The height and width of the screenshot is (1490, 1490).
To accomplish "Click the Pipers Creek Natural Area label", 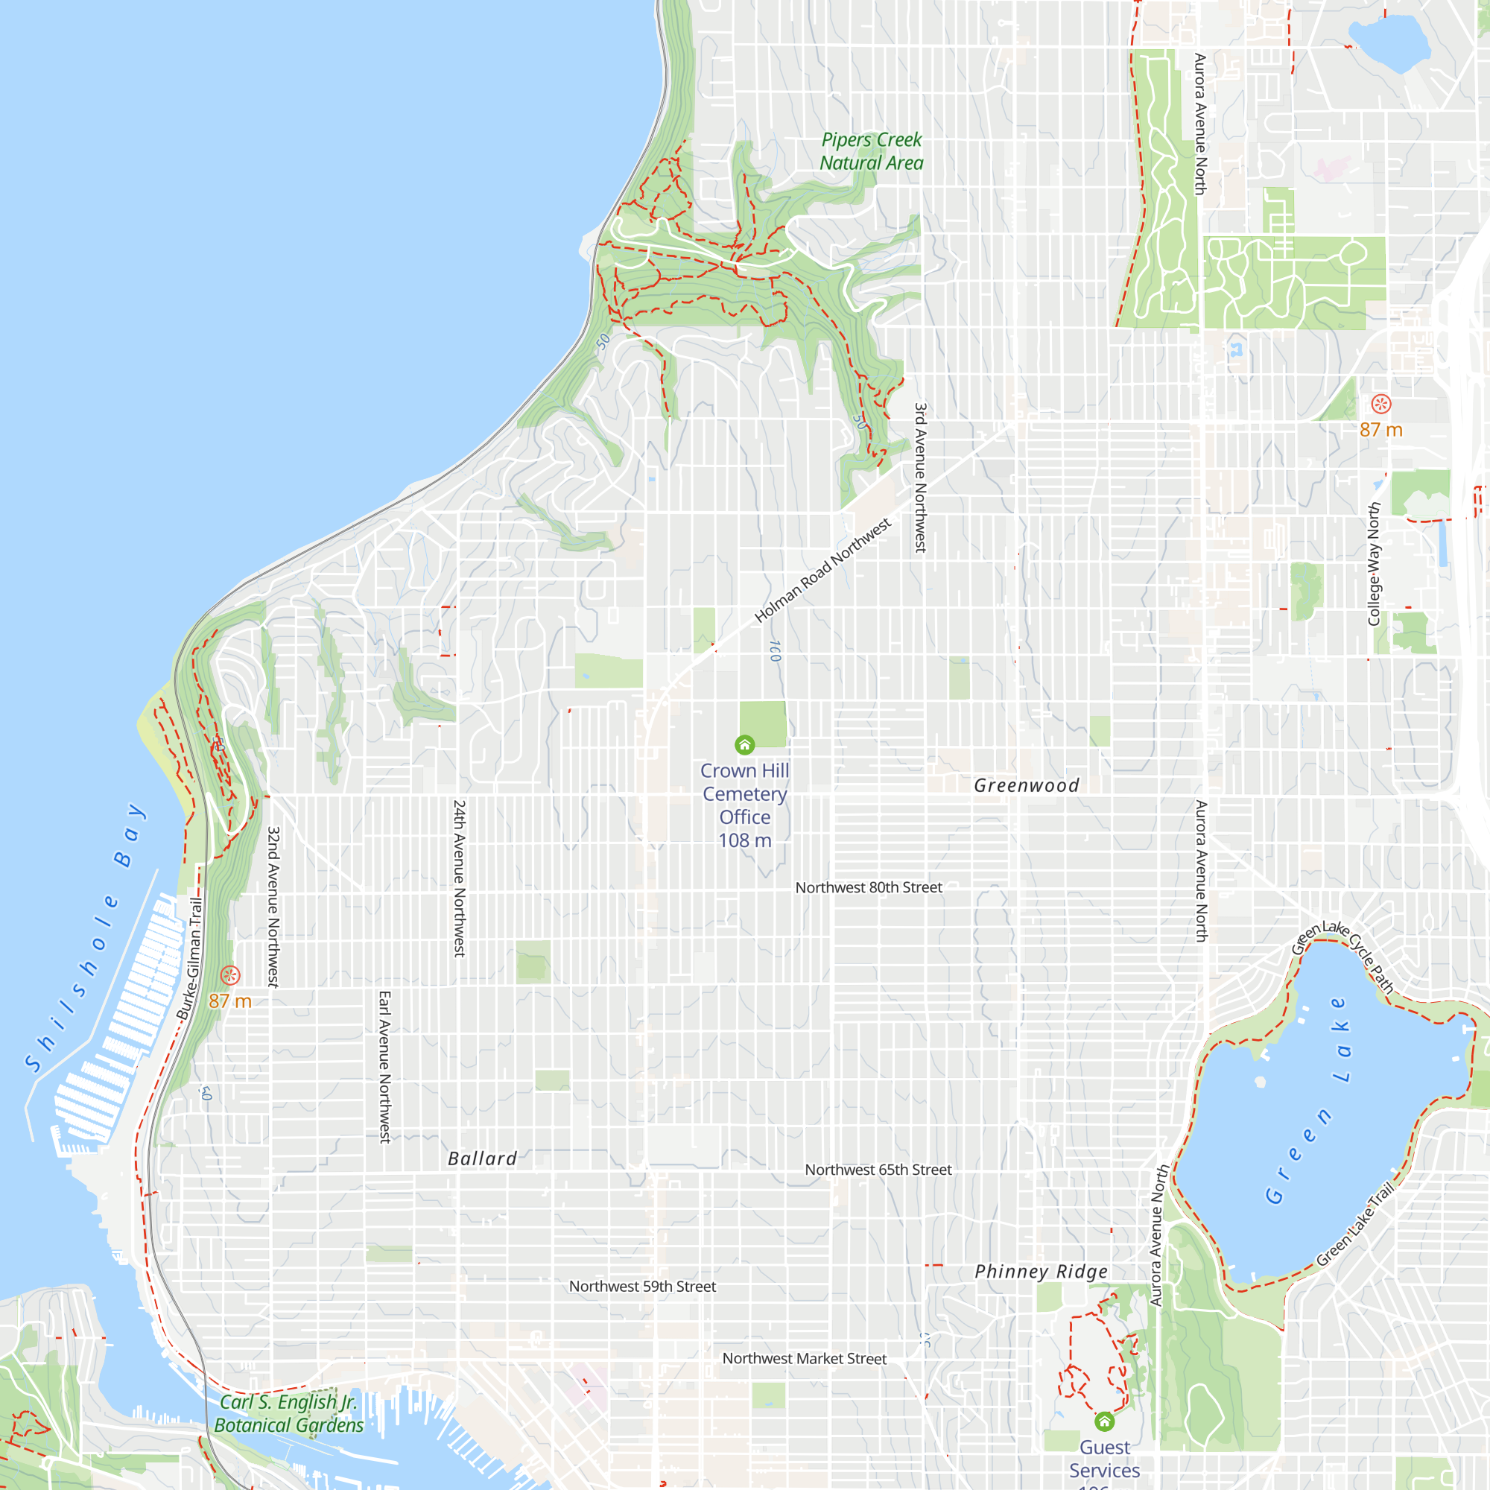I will (x=872, y=151).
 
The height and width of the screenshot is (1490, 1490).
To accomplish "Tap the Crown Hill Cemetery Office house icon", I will (x=744, y=744).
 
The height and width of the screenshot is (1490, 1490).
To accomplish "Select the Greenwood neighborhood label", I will (x=1027, y=786).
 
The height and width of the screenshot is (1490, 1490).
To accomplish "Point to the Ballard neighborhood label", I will (x=483, y=1158).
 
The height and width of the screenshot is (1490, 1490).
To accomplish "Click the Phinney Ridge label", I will (x=1042, y=1272).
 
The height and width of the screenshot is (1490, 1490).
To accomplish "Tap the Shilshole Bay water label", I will (x=85, y=937).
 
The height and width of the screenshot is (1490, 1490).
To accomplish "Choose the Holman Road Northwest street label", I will (x=822, y=570).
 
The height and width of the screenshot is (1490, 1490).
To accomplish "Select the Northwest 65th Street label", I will (x=878, y=1170).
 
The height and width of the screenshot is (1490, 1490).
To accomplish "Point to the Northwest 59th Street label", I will (x=642, y=1287).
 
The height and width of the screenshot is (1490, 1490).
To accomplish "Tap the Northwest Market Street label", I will (x=805, y=1359).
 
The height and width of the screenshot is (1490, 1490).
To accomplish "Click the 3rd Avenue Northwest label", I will (x=920, y=478).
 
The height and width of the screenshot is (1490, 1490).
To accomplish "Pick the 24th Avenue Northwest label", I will (x=459, y=878).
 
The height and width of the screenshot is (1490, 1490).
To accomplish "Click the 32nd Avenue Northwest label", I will (x=273, y=907).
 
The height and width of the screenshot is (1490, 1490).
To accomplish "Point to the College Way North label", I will (x=1374, y=565).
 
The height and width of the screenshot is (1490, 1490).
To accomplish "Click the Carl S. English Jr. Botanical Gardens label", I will (x=289, y=1414).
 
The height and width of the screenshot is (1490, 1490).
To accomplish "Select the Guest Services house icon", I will (x=1104, y=1421).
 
